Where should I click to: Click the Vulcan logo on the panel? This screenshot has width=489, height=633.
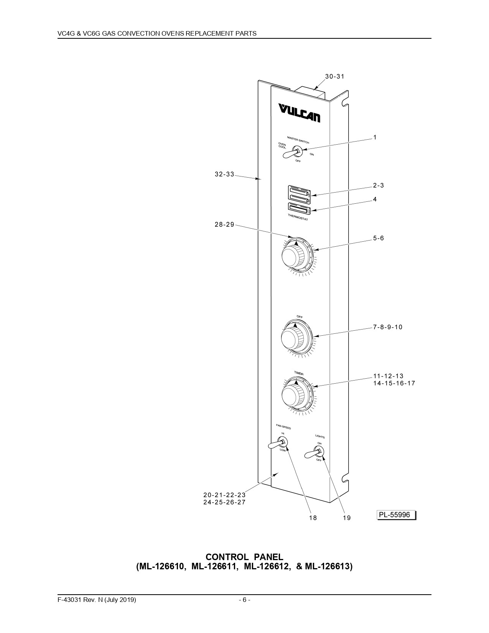point(299,113)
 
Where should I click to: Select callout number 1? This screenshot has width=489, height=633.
point(375,137)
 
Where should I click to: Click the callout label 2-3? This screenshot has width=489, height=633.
point(378,185)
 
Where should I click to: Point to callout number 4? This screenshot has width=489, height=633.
point(375,199)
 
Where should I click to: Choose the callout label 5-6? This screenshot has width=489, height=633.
point(379,238)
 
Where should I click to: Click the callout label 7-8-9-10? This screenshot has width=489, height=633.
point(388,327)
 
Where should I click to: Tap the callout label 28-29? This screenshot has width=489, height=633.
point(224,224)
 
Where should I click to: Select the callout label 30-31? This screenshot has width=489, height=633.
point(335,77)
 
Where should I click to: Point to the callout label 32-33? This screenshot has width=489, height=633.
point(224,174)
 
